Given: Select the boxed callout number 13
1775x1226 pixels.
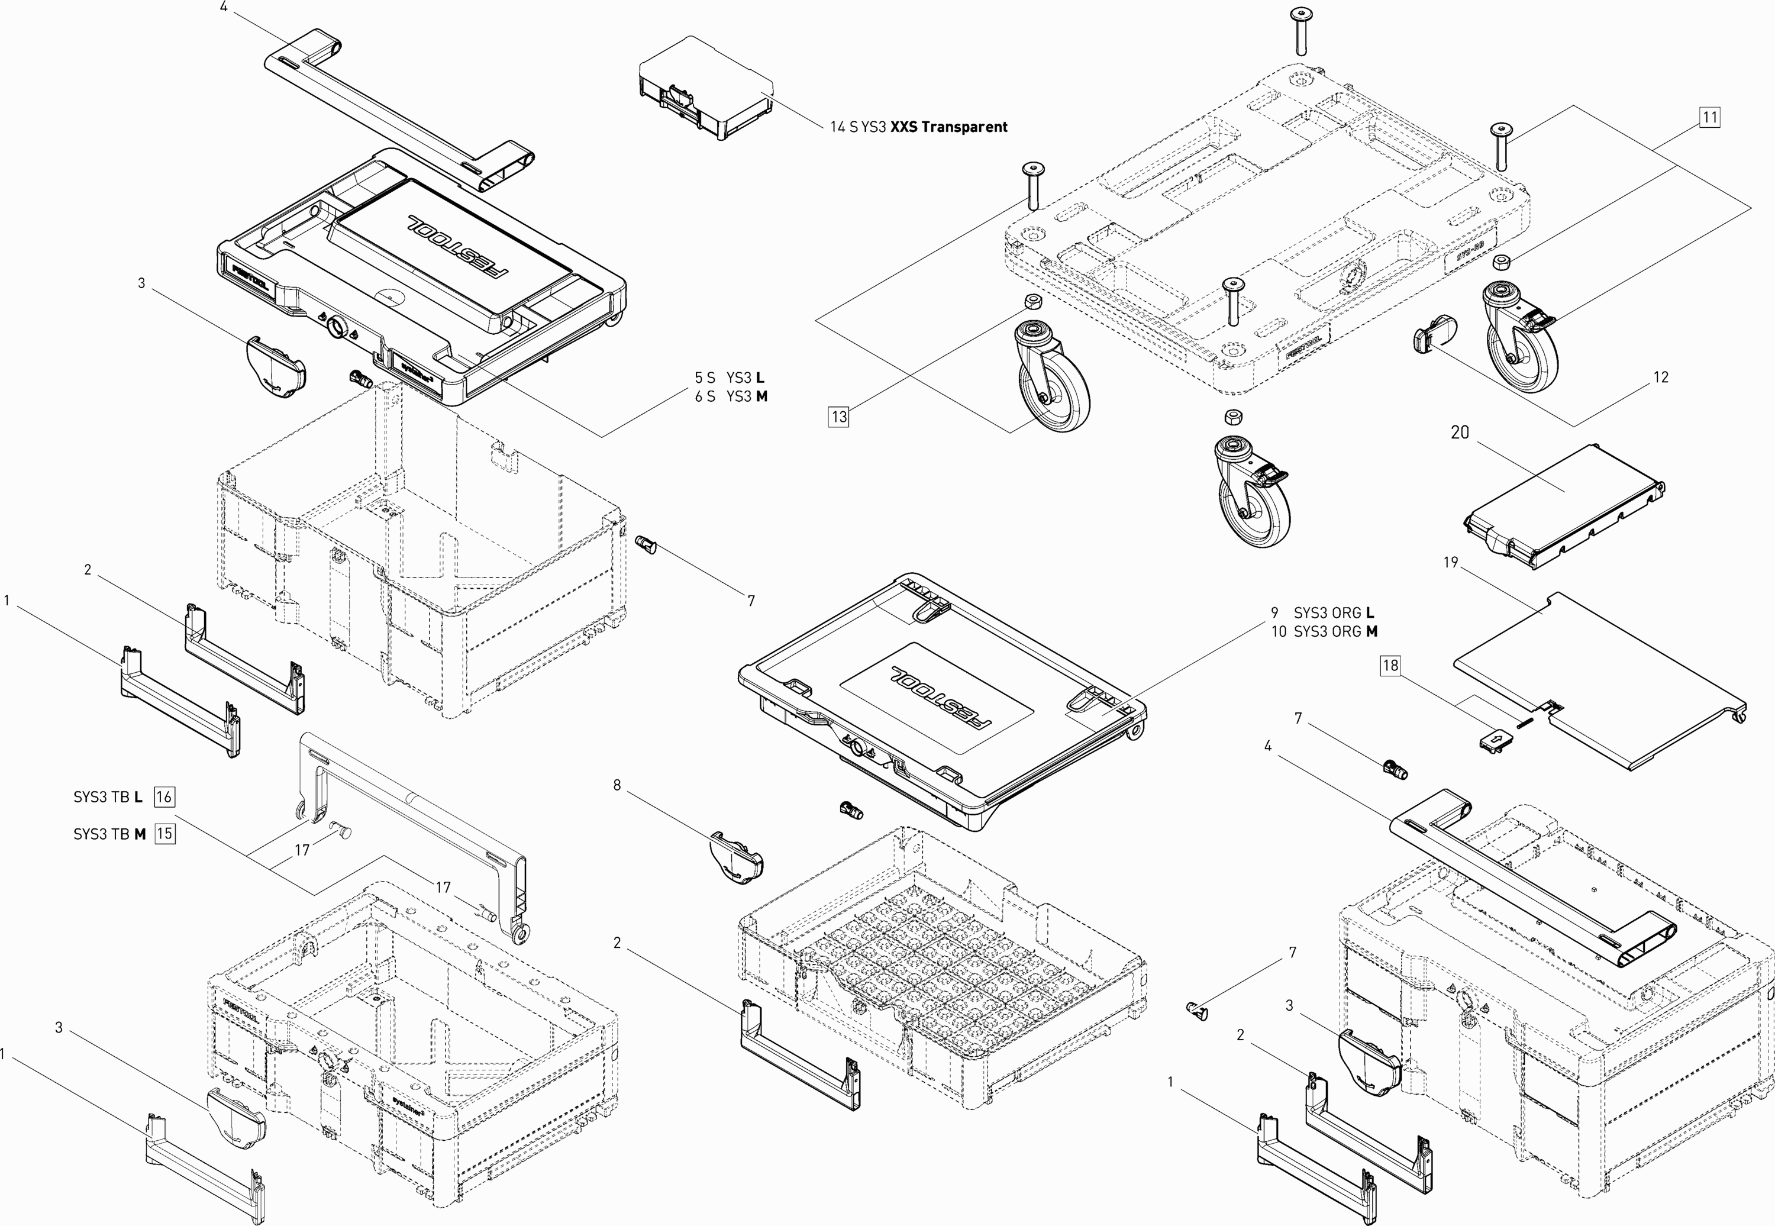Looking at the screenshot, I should click(x=839, y=417).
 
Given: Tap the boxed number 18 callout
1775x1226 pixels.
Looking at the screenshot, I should click(x=1390, y=665).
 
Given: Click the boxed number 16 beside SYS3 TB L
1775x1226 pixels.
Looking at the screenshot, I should click(x=164, y=796).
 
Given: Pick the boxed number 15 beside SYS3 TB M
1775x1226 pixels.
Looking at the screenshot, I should click(x=164, y=834).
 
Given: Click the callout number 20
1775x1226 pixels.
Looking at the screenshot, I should click(x=1459, y=433).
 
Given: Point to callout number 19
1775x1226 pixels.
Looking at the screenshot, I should click(x=1450, y=562).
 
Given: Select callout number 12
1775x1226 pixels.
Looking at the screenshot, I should click(x=1661, y=377).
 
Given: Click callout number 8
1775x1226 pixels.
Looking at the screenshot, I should click(x=617, y=786).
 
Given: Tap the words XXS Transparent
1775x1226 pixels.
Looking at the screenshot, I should click(x=948, y=127).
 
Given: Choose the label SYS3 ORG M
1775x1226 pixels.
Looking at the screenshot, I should click(x=1335, y=631).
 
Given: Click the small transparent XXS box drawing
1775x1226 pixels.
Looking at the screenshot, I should click(x=703, y=96).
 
